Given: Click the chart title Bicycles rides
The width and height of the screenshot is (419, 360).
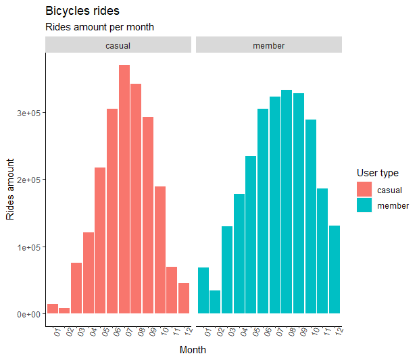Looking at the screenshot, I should point(82,11).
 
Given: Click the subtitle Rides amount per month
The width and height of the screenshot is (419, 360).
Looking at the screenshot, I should point(99,28).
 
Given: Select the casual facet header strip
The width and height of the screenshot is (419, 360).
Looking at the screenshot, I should point(118,45).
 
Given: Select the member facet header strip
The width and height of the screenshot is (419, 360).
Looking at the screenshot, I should point(269,45).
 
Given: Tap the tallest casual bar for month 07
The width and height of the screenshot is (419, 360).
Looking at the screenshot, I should point(124,189).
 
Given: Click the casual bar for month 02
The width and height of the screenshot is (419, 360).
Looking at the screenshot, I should point(64,311).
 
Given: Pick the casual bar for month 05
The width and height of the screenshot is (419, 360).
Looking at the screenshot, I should point(100,240).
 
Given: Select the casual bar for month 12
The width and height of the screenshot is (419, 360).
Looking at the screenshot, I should point(184,299).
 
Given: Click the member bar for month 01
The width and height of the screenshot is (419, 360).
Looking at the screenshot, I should point(203,290).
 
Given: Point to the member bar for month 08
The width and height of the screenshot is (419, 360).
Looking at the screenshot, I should point(287,202).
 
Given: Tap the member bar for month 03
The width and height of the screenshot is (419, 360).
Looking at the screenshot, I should point(227,270).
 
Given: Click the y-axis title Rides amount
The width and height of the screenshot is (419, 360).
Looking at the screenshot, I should point(10,189).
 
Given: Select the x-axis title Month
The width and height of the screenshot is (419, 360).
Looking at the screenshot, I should point(193,350).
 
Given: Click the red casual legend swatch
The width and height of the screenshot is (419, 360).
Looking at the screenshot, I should point(364,190).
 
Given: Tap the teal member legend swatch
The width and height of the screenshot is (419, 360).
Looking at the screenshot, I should point(364,205).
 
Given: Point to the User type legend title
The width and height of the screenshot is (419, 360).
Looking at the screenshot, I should point(377,174).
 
